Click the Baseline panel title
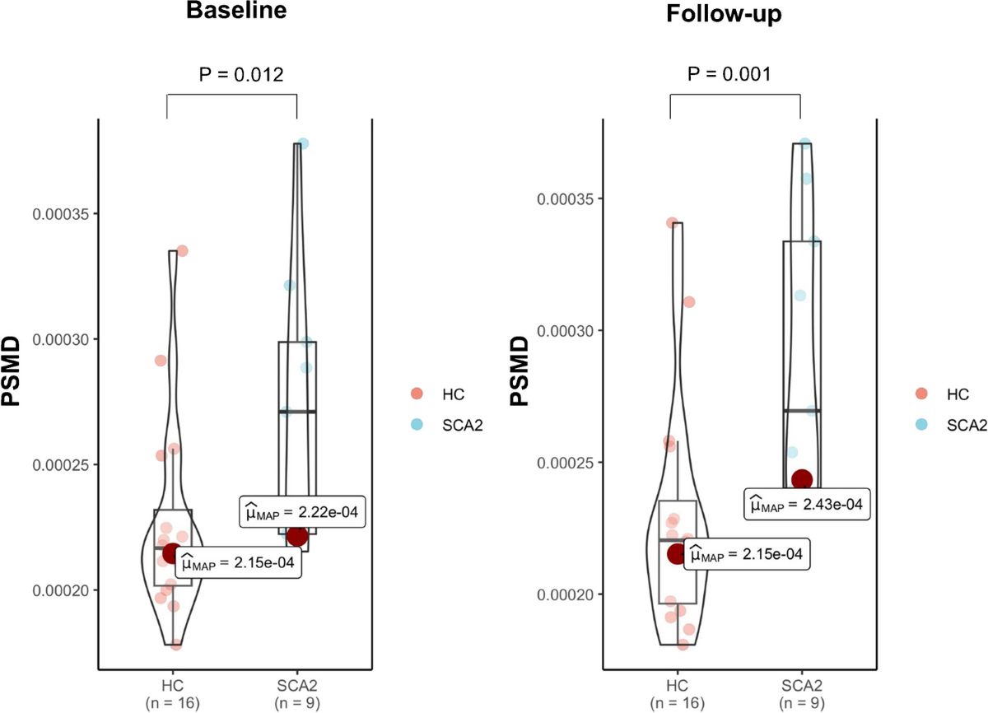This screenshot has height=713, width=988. pos(236,10)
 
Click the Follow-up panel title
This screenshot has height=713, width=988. pos(724,13)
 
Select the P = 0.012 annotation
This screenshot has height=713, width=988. pos(240,75)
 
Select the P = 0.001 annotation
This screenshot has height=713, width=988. pos(729,73)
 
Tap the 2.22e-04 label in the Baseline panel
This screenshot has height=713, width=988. pos(302,512)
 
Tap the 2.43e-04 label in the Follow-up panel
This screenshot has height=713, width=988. pos(807,504)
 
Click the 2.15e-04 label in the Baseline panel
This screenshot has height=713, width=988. pos(238,562)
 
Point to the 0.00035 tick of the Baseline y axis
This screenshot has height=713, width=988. pos(60,214)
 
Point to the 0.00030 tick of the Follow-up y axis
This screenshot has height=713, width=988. pos(565,331)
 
